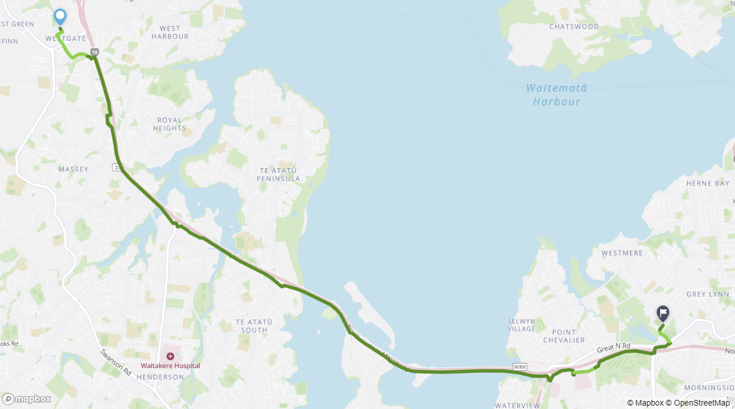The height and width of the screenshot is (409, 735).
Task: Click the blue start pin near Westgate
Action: (x=60, y=16)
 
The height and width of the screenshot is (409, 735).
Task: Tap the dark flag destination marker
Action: (x=662, y=313)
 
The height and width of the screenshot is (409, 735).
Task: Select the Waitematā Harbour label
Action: (x=556, y=95)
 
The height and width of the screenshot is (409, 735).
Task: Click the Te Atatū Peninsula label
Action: (x=278, y=174)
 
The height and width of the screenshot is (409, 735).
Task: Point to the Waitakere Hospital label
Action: (x=170, y=365)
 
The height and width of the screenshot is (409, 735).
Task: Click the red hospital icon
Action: (x=170, y=356)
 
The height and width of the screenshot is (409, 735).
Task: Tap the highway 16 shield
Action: (x=94, y=52)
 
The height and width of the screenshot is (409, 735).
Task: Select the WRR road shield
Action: (x=519, y=366)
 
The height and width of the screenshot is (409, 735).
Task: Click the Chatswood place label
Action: (x=574, y=27)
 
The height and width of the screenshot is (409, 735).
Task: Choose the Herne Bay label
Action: (x=707, y=183)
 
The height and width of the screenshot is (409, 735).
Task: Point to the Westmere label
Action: (x=622, y=253)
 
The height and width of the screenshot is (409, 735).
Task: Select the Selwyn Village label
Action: (x=521, y=325)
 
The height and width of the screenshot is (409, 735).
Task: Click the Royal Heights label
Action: (x=169, y=124)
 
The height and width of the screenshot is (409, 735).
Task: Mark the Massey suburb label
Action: (x=74, y=169)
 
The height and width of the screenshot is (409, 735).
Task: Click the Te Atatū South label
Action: (x=254, y=325)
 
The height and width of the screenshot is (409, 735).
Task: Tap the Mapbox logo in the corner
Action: (x=27, y=399)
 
